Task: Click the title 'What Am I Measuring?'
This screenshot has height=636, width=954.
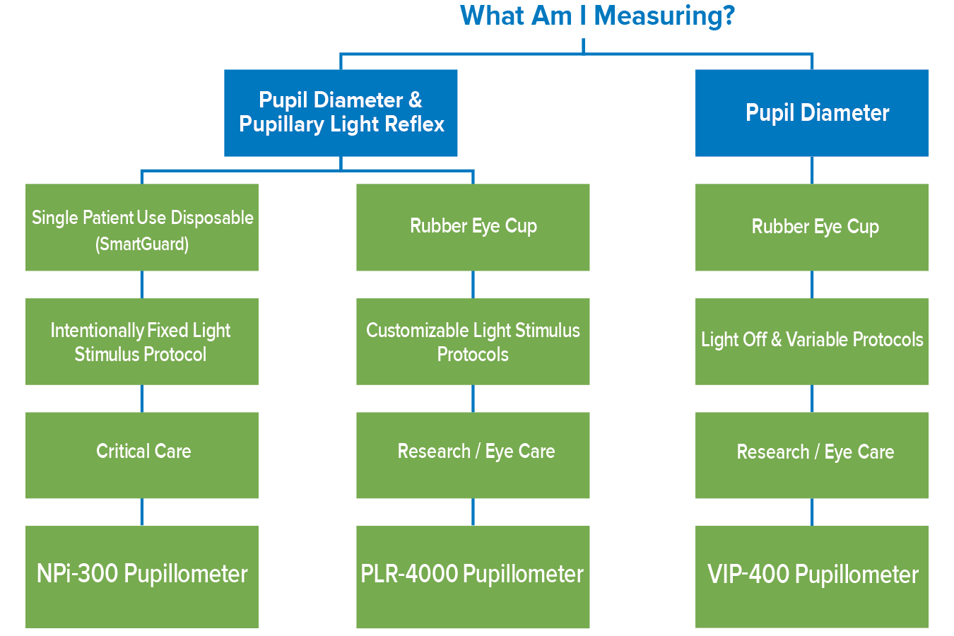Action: (x=597, y=16)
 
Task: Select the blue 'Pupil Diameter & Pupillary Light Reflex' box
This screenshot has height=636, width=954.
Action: (x=341, y=113)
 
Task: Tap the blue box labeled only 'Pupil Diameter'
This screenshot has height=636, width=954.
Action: (x=812, y=113)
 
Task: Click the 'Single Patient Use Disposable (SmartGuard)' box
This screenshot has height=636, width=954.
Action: (x=142, y=228)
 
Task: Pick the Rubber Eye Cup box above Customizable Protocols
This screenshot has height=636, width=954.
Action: (x=473, y=228)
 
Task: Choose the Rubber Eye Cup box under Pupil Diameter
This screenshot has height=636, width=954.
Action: (x=812, y=228)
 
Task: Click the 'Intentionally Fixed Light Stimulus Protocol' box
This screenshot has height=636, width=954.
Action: (x=142, y=342)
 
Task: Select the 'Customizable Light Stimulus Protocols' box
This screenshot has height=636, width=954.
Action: (x=473, y=342)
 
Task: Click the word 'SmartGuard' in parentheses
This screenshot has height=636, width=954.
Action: (x=142, y=245)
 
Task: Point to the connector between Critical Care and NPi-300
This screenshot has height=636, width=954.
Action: (x=142, y=512)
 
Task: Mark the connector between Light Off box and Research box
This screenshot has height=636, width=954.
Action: (x=812, y=399)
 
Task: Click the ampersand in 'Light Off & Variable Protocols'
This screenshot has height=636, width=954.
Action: (x=776, y=340)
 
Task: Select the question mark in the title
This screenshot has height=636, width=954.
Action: (x=728, y=16)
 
